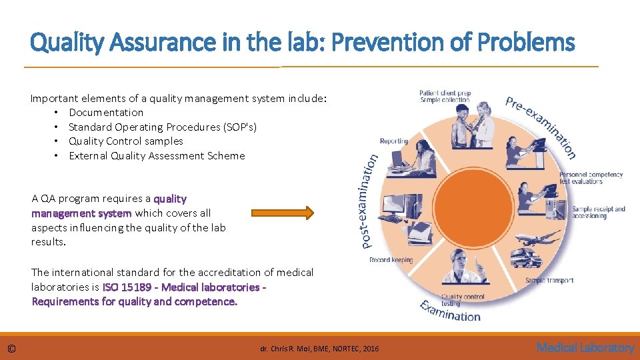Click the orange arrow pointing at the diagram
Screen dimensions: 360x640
pos(282,213)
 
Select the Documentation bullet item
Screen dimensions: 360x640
pos(106,113)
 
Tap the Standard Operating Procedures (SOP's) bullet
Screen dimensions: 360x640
pos(162,127)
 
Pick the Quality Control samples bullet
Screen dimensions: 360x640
pos(125,141)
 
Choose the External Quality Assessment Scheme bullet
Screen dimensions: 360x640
pos(157,156)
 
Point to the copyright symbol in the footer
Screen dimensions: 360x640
pos(12,348)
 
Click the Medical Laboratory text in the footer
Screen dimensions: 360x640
pos(585,347)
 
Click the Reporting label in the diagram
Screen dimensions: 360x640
pos(393,141)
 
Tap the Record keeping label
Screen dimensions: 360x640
pos(391,260)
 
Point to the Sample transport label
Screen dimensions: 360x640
pos(549,281)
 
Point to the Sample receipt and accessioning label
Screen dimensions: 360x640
pos(598,213)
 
